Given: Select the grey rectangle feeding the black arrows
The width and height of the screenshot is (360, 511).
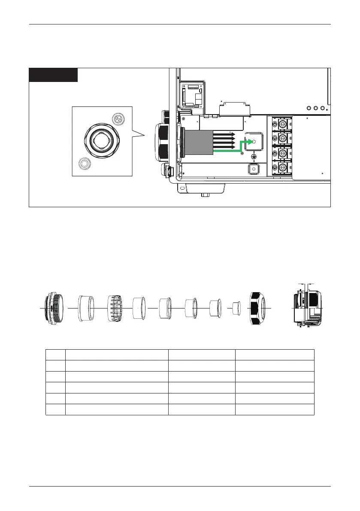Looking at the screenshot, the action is [199, 142].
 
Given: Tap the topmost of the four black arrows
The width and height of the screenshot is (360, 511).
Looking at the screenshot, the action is [224, 134].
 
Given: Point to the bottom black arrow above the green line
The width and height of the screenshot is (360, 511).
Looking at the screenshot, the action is [224, 147].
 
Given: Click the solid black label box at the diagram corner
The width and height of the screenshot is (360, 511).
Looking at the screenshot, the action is [53, 75].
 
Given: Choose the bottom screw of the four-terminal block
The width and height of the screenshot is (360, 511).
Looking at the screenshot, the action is [283, 167].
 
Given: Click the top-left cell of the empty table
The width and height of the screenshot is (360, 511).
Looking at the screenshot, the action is [55, 354].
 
